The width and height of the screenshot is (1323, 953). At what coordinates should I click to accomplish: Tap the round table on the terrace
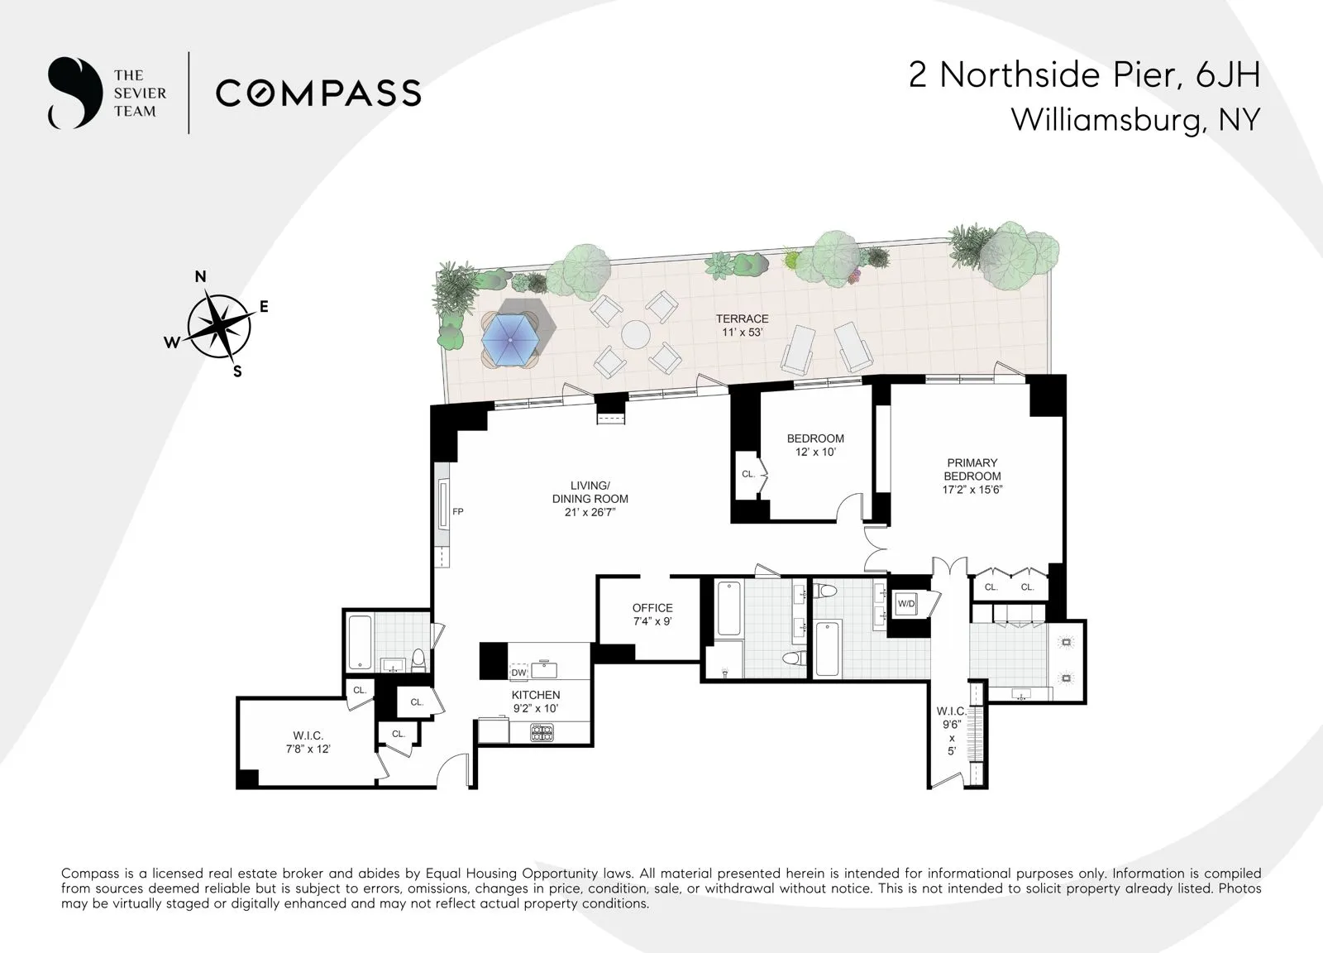pos(636,335)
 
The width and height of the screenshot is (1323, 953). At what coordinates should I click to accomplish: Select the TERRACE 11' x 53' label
pos(742,325)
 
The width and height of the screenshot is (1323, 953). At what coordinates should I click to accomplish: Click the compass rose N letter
pos(200,277)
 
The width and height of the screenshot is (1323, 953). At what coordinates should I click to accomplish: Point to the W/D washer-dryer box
pos(906,604)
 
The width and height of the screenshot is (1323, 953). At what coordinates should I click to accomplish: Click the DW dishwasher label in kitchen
pos(518,671)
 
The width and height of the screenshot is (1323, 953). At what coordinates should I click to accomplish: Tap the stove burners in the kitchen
pos(542,731)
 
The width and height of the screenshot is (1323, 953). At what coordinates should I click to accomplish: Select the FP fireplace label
pos(457,512)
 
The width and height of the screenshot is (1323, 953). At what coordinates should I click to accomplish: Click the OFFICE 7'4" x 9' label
pos(652,614)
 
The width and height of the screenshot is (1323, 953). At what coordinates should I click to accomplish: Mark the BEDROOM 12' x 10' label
pos(815,445)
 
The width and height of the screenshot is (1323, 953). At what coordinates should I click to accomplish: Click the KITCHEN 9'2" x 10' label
pos(536,702)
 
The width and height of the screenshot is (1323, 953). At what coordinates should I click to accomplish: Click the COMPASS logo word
pos(318,93)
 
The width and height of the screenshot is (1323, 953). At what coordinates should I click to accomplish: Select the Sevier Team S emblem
pos(74,93)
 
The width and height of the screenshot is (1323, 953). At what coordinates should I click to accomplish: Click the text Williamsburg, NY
pos(1134,120)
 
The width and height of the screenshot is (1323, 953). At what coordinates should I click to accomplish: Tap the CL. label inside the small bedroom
pos(748,474)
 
